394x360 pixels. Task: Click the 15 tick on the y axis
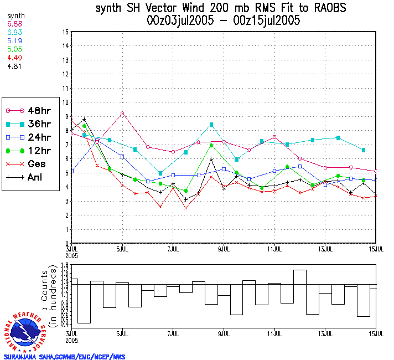(x=66, y=32)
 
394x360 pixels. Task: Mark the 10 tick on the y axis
(x=66, y=102)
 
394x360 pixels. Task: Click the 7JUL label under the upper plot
(x=173, y=249)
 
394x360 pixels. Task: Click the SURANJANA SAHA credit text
(x=64, y=357)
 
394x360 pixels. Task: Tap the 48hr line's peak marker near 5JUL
(x=122, y=114)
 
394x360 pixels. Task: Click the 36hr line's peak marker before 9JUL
(x=211, y=125)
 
